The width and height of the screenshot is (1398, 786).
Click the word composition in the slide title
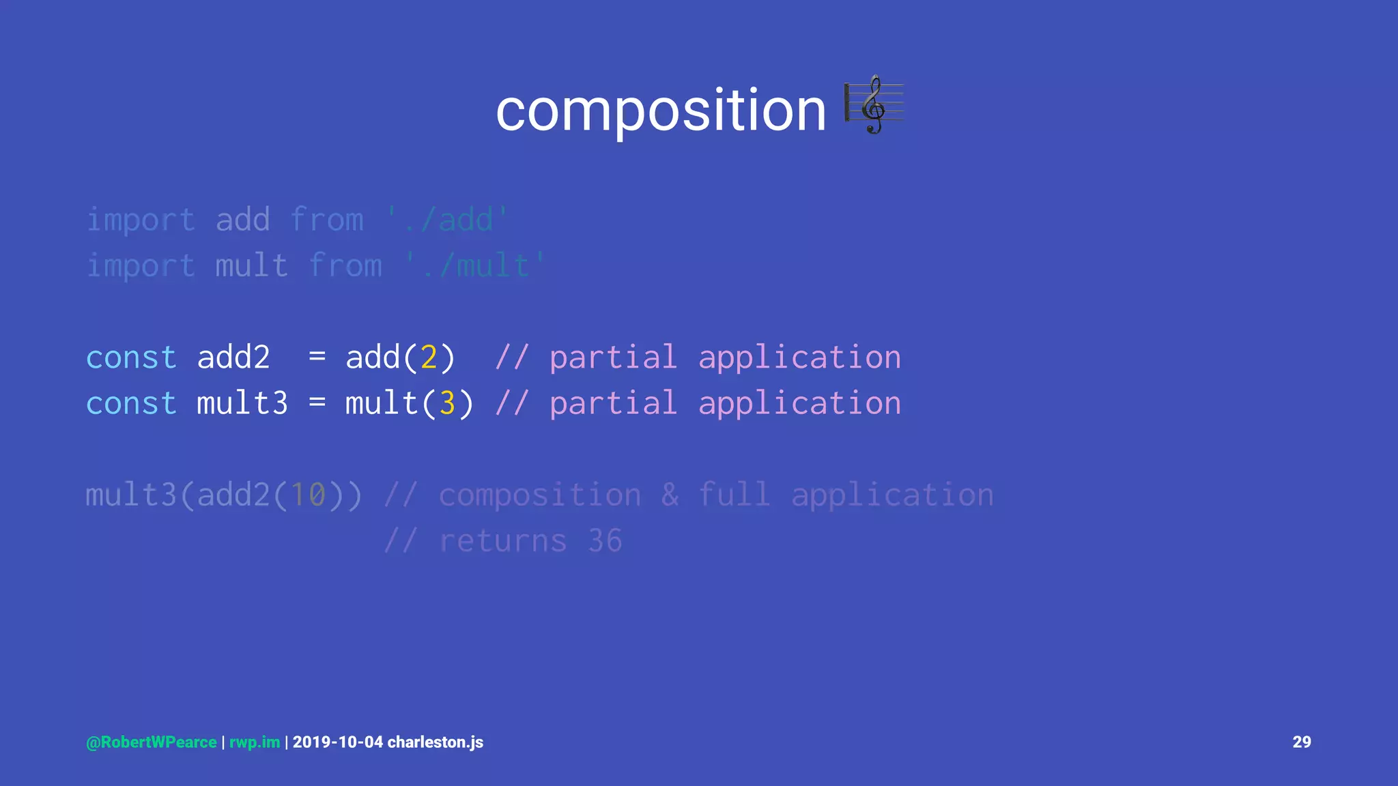point(660,111)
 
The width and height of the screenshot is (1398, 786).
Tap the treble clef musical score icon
point(874,105)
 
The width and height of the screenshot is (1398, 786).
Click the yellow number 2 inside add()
point(429,358)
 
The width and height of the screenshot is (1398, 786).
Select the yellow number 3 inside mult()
point(447,403)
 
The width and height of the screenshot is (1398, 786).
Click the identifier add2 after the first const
point(233,358)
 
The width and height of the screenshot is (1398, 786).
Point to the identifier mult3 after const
point(242,403)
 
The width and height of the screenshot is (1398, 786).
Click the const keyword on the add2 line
point(131,358)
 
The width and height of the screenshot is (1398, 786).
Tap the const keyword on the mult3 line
point(131,403)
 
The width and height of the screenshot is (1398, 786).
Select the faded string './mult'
point(475,266)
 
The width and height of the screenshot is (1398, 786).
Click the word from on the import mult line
point(345,266)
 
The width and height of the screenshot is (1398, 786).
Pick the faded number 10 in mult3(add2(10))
point(308,495)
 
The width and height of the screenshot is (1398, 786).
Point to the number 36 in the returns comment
point(605,541)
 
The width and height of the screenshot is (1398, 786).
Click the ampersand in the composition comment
point(670,495)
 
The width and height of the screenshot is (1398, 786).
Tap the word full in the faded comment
point(734,495)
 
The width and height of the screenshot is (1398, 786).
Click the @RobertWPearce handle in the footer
point(152,742)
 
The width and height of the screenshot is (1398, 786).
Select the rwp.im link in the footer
point(255,742)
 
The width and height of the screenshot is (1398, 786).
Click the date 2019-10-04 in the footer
point(338,742)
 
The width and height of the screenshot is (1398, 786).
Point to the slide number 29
point(1302,742)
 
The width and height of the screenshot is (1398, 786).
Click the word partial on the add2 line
point(613,358)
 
